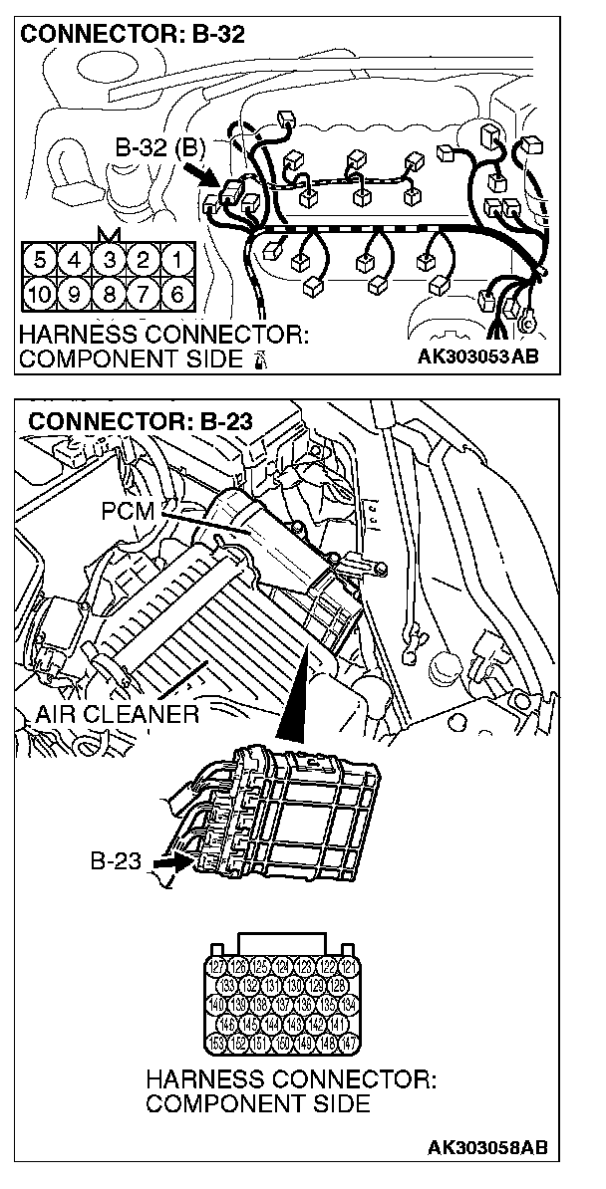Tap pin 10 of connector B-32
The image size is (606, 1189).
point(39,295)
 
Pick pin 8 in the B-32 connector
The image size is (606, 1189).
point(109,295)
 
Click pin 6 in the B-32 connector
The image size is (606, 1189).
point(177,295)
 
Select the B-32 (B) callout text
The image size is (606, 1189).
point(159,149)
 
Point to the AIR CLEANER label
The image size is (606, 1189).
point(117,714)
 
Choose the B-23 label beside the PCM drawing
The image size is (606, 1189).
point(117,860)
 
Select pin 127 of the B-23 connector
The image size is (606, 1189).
point(216,965)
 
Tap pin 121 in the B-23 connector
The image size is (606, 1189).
point(346,965)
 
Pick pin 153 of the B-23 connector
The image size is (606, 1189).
point(216,1044)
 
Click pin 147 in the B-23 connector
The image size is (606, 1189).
point(346,1044)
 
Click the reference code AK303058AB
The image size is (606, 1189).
point(487,1148)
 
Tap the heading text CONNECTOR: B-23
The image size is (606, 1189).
point(141,420)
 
